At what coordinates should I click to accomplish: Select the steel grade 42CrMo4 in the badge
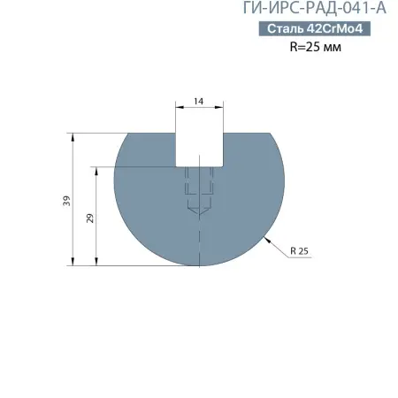click(x=335, y=29)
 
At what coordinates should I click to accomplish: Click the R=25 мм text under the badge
click(x=316, y=47)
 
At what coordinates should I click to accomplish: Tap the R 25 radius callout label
click(x=299, y=252)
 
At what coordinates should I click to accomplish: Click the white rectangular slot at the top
click(x=199, y=149)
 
